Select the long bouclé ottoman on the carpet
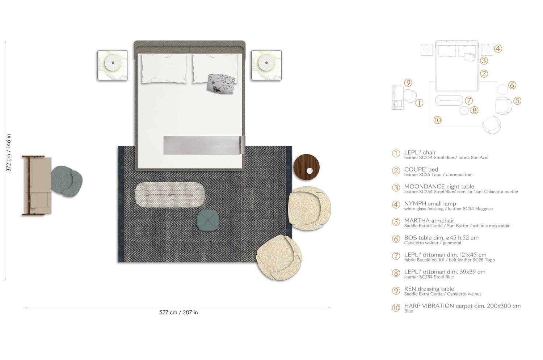click(169, 195)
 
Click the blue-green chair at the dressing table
click(67, 182)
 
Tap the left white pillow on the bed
click(164, 69)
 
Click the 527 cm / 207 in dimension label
click(178, 312)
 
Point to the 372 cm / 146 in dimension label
click(9, 153)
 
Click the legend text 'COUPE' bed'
click(421, 169)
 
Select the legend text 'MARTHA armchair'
click(429, 220)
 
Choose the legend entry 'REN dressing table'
click(429, 289)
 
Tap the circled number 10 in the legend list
click(396, 308)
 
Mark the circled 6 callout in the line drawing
click(512, 85)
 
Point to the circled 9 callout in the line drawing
click(408, 83)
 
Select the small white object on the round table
click(310, 171)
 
